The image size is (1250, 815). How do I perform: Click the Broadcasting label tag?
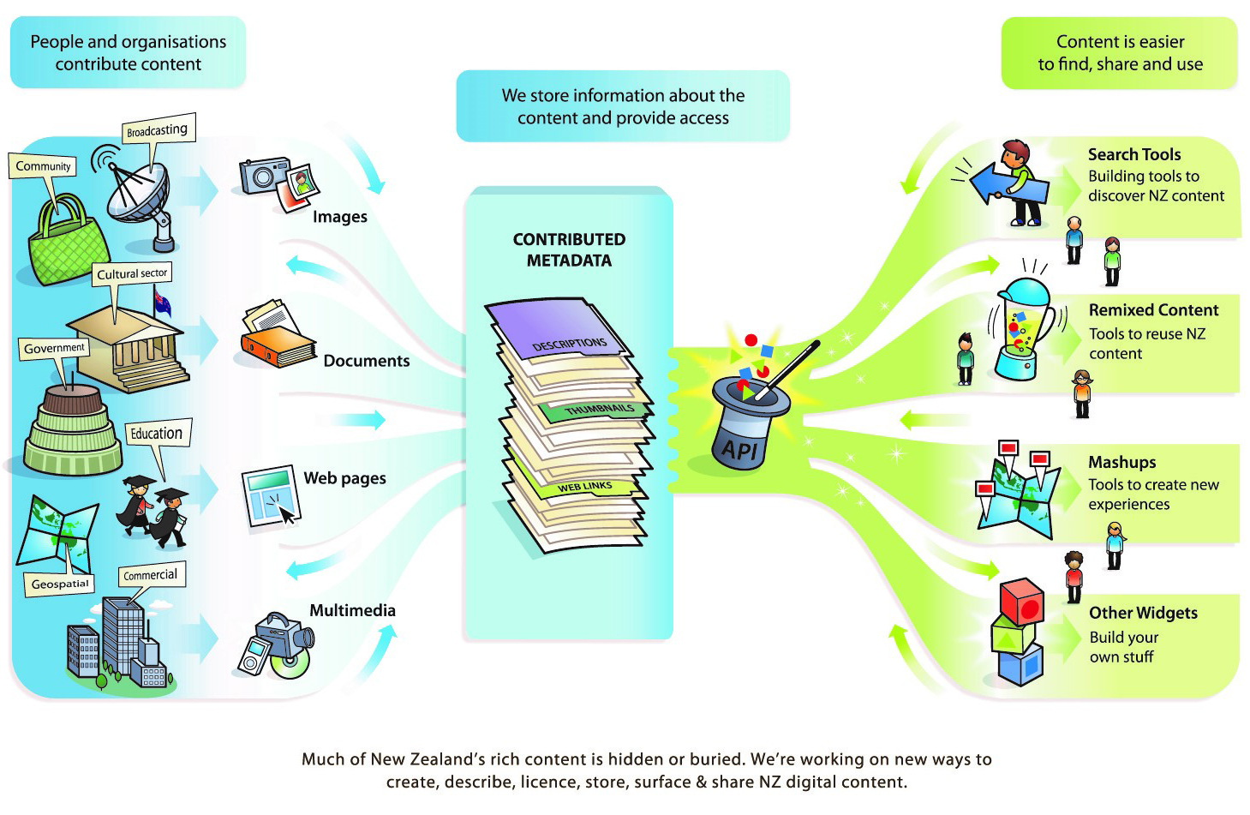coord(157,130)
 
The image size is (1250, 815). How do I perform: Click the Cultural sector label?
coord(132,273)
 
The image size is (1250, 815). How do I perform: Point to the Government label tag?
coord(54,348)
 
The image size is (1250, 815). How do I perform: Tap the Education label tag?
coord(156,434)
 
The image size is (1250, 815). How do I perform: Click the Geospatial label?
coord(60,584)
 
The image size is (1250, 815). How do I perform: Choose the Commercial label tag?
coord(150,575)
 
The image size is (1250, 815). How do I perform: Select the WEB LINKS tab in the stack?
coord(585,487)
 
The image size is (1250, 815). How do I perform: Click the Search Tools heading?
coord(1133,154)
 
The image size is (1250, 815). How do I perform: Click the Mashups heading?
coord(1121,462)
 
